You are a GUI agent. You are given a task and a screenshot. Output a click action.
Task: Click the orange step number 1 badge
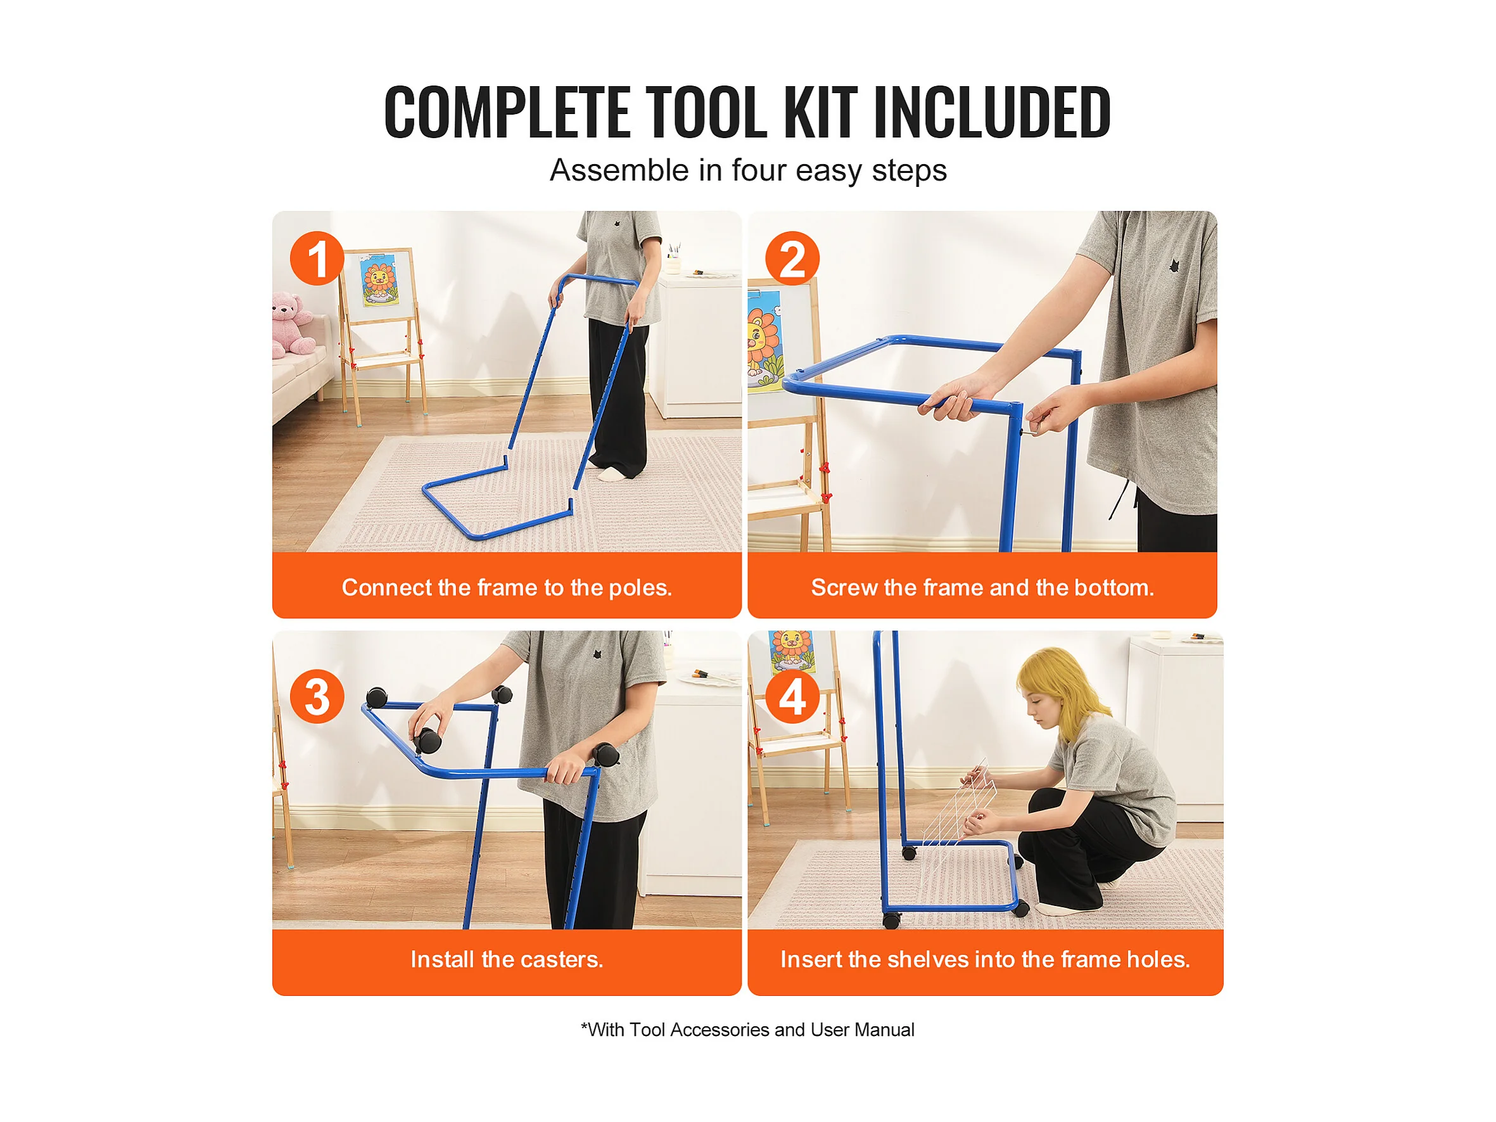pos(317,258)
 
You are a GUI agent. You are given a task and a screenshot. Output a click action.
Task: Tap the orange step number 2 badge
pos(792,258)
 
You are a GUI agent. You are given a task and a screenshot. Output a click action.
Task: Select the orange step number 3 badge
pos(317,697)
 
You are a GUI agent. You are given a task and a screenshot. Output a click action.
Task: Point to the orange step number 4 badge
pos(792,697)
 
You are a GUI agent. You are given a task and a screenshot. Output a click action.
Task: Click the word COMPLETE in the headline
pos(507,112)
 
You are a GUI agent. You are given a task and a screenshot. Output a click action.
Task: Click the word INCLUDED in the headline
pos(992,112)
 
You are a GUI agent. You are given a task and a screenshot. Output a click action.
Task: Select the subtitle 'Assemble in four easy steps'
pos(748,170)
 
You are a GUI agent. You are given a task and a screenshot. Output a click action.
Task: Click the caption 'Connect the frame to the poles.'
pos(507,587)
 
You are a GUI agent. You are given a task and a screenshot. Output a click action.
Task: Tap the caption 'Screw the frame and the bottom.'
pos(982,587)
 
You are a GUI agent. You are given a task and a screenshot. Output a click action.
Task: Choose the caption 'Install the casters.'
pos(507,959)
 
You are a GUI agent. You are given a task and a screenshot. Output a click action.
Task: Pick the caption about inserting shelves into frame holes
pos(985,959)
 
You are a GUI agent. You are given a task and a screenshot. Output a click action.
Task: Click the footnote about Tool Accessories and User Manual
pos(747,1030)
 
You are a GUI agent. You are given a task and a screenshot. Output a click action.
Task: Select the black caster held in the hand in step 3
pos(428,741)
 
